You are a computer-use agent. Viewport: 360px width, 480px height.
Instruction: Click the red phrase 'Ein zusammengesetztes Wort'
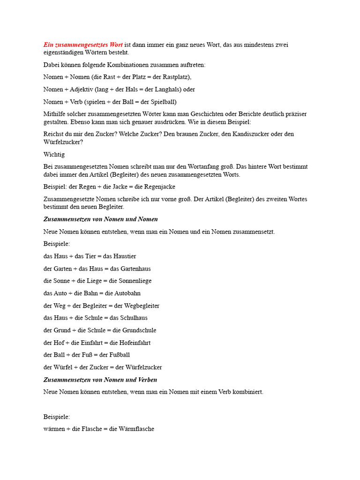[x=83, y=45]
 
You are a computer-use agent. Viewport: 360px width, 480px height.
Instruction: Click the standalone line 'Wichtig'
[x=54, y=154]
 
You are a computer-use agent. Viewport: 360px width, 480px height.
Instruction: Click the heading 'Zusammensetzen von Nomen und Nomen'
[x=100, y=219]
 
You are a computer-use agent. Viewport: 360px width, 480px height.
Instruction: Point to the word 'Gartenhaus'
[x=135, y=269]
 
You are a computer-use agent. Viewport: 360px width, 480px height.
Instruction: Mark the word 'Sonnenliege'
[x=136, y=281]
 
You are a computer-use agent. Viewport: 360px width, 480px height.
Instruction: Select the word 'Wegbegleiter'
[x=142, y=306]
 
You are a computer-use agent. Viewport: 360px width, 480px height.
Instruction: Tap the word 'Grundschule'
[x=139, y=330]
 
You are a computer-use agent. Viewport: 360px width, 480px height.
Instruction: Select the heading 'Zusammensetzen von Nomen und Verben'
[x=100, y=380]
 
